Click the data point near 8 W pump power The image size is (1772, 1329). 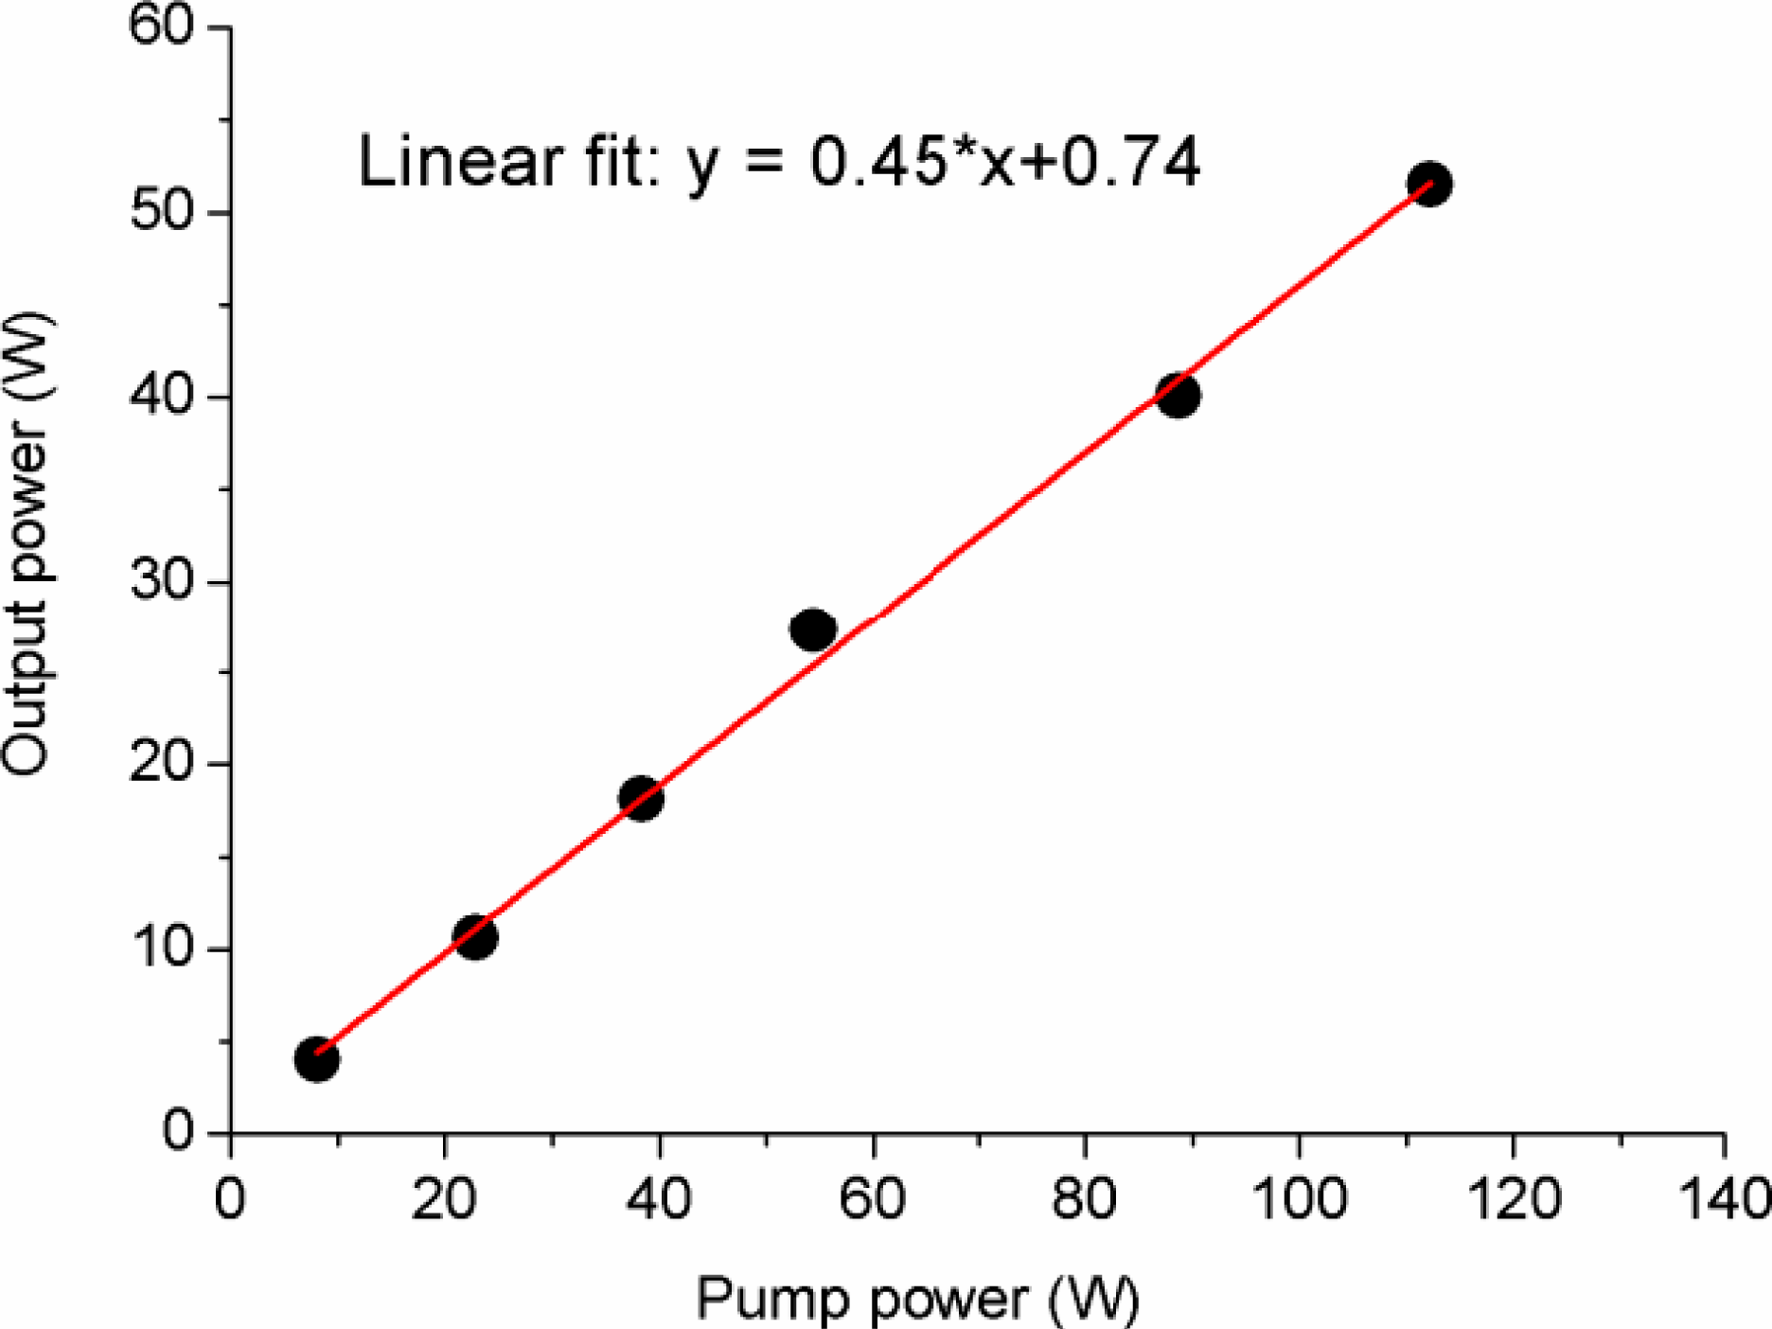pyautogui.click(x=316, y=1058)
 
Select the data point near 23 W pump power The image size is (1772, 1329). pyautogui.click(x=475, y=937)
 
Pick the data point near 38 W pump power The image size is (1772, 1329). pyautogui.click(x=641, y=798)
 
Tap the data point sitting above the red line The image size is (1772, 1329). pyautogui.click(x=812, y=629)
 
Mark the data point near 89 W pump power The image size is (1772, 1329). pyautogui.click(x=1178, y=395)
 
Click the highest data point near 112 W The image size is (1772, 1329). pyautogui.click(x=1429, y=184)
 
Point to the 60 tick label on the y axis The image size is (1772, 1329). pyautogui.click(x=161, y=27)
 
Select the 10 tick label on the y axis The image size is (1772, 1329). pyautogui.click(x=161, y=948)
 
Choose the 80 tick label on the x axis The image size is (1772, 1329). pyautogui.click(x=1085, y=1198)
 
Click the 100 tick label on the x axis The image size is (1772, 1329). pyautogui.click(x=1299, y=1198)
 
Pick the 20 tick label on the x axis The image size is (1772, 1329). pyautogui.click(x=443, y=1198)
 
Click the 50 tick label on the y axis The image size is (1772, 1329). pyautogui.click(x=161, y=210)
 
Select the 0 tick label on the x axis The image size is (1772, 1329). pyautogui.click(x=230, y=1198)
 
